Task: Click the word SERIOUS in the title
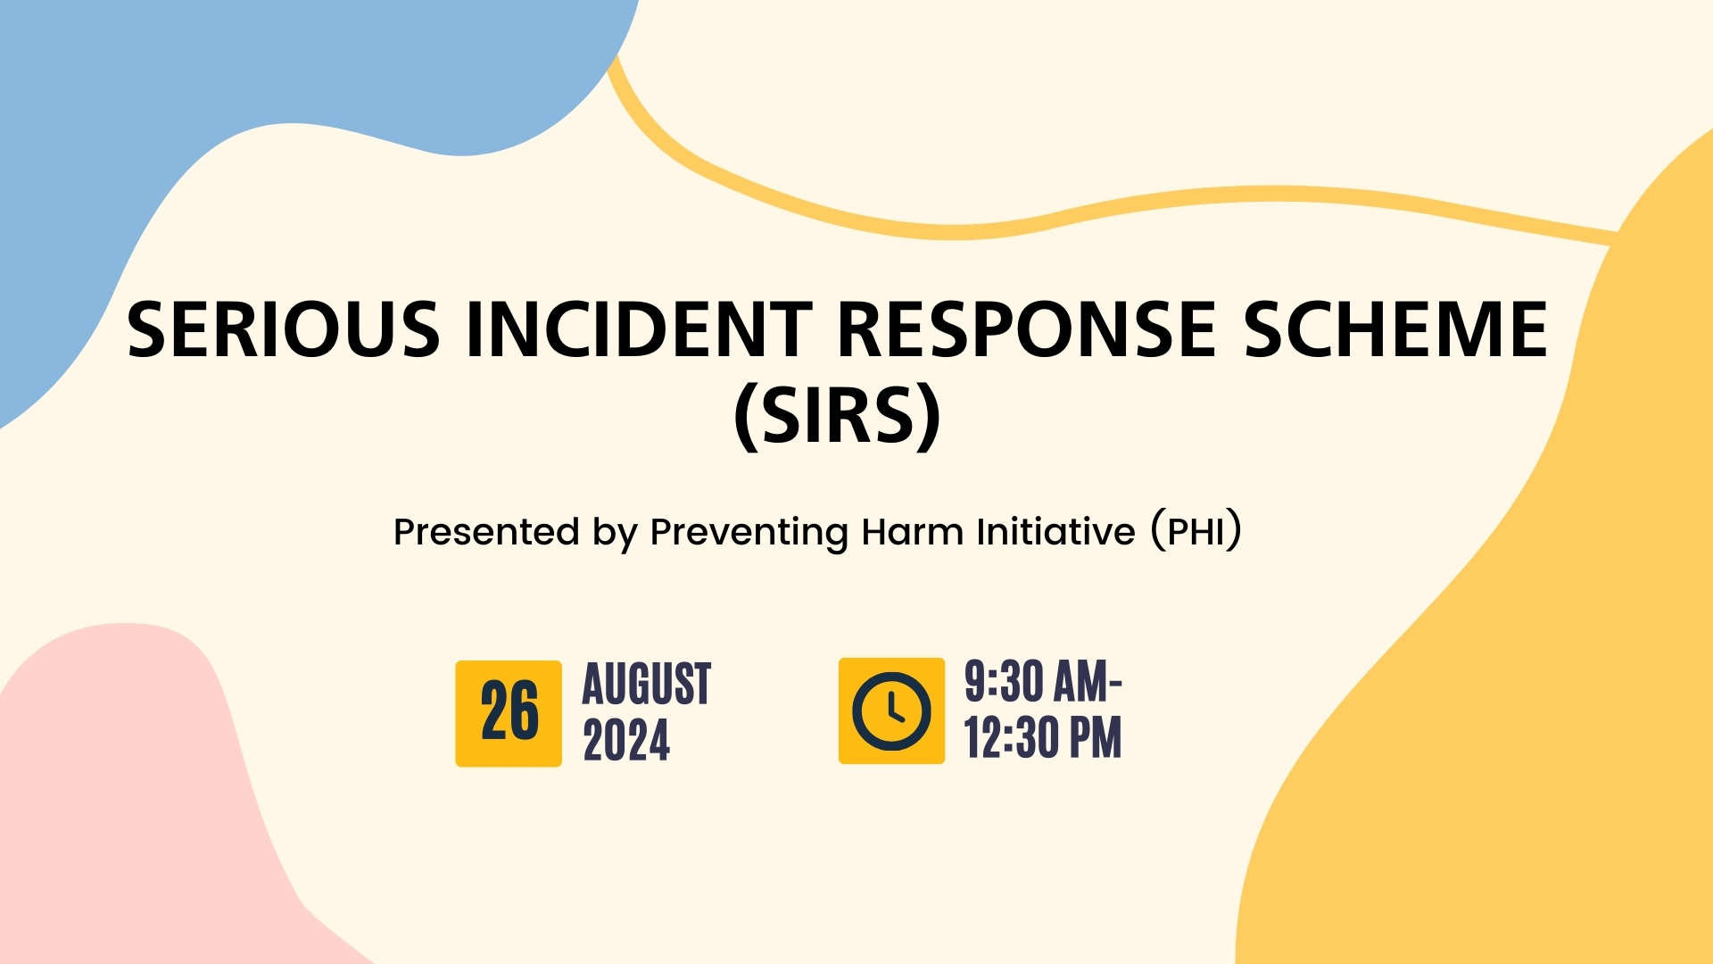tap(284, 329)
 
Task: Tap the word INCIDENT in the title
tap(639, 329)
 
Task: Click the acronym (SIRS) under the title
tap(837, 416)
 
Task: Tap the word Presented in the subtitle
tap(486, 532)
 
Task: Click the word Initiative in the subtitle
tap(1055, 532)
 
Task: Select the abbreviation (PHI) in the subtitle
tap(1196, 532)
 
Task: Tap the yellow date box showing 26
tap(509, 713)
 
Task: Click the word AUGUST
tap(647, 685)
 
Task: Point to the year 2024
tap(626, 741)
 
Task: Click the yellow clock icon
tap(891, 711)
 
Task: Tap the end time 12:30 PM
tap(1043, 738)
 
